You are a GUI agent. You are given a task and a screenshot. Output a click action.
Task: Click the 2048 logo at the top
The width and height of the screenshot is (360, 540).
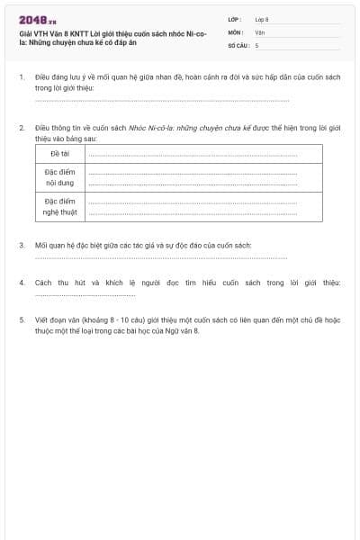[x=37, y=19]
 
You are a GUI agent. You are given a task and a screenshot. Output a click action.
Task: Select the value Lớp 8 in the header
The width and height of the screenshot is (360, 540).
[x=262, y=19]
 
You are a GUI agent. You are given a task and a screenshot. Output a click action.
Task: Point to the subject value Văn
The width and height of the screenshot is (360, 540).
[x=259, y=31]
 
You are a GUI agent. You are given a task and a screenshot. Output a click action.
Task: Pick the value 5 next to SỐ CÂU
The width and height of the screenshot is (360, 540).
[x=256, y=44]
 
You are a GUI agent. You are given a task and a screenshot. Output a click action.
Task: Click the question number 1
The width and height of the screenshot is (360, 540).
[x=22, y=78]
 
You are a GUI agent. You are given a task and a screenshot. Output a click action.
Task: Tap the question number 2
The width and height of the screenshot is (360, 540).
[x=22, y=128]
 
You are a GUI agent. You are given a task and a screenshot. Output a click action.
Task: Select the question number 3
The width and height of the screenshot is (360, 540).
[x=22, y=245]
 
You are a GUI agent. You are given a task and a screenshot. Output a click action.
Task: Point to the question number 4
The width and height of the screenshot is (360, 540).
[x=22, y=283]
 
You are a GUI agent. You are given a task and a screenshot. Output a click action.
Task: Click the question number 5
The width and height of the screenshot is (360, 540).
[x=22, y=319]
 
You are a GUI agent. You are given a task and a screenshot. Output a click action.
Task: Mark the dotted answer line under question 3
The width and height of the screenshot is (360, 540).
[x=162, y=257]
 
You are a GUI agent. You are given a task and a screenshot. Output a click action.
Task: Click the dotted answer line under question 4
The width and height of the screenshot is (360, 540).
[x=85, y=294]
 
